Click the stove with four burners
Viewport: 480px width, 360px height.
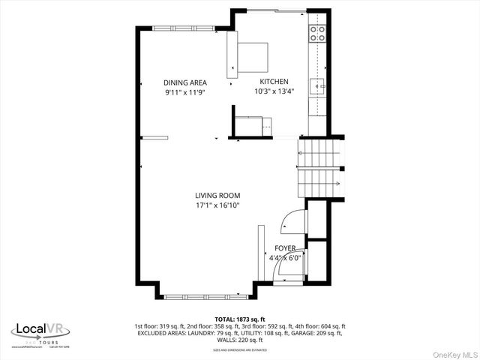[x=317, y=34]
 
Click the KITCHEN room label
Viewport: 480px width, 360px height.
[x=274, y=82]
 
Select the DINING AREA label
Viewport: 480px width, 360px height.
[x=185, y=82]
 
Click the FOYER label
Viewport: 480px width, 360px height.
[x=285, y=247]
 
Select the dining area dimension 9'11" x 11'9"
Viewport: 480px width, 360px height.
[x=185, y=92]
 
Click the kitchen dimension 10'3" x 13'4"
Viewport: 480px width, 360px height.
[x=274, y=91]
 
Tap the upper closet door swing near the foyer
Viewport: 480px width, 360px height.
[x=293, y=221]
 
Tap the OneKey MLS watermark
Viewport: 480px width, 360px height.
[x=454, y=353]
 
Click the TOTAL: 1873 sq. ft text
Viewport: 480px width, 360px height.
[x=239, y=319]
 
